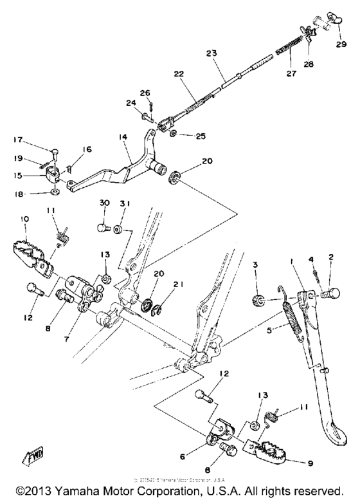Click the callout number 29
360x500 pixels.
340,45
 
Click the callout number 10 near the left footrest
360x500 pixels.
24,220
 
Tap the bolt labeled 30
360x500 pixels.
100,227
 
